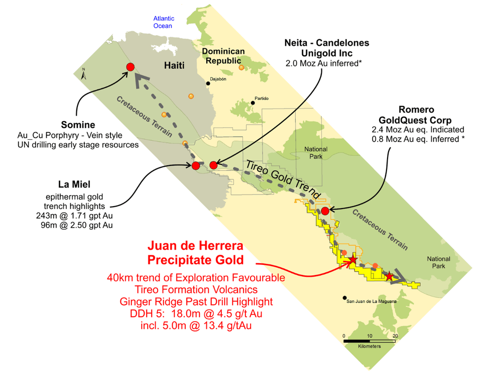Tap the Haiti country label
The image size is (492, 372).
pos(175,65)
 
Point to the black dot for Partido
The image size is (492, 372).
pos(253,104)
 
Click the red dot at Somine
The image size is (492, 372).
pos(131,67)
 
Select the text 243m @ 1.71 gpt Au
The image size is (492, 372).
pos(75,215)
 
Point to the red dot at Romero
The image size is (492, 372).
pos(325,211)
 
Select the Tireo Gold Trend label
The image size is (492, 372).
pos(282,179)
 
